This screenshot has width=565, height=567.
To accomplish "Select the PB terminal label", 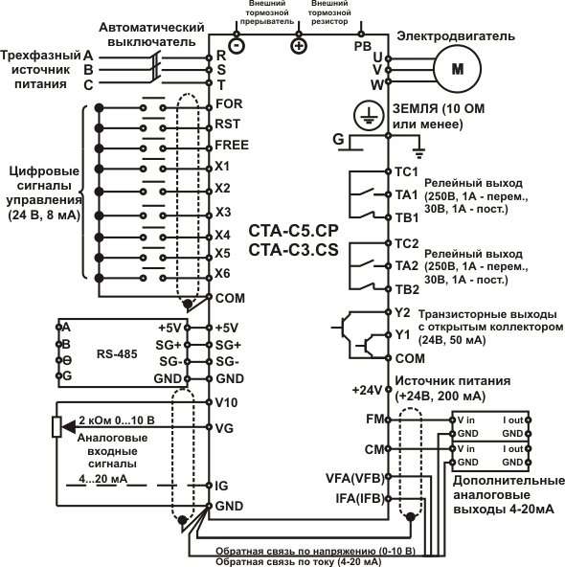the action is pos(363,46).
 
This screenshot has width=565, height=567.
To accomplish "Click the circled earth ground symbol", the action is pos(369,115).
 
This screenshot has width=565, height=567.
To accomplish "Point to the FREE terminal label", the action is pos(232,145).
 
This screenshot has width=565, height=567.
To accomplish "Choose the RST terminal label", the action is pos(227,125).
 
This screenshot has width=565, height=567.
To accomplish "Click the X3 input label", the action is pos(223,212).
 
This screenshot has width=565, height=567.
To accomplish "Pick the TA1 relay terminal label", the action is pos(407,195).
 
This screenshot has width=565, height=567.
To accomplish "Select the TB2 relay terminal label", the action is pos(407,289).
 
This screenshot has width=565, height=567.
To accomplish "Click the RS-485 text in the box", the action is pos(117,353).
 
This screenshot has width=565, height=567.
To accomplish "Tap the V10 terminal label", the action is pos(226,402).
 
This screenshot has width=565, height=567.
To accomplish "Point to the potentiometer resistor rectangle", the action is pos(56,427).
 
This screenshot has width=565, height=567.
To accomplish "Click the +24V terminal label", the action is pos(367,390).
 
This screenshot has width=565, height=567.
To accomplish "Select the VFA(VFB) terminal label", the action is pos(355,478).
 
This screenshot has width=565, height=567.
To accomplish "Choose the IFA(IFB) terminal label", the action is pos(360,499).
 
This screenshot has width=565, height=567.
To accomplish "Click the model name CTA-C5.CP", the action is pos(293,231).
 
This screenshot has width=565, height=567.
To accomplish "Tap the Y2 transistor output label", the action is pos(402,313).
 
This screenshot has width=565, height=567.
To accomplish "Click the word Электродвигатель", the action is pos(456,36).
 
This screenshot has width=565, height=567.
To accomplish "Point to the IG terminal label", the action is pos(221,486).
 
